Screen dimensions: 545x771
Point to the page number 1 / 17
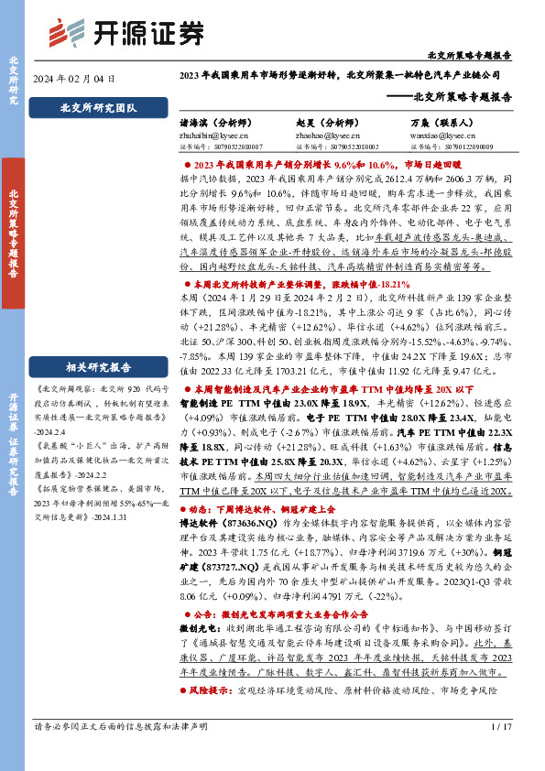coord(502,753)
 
